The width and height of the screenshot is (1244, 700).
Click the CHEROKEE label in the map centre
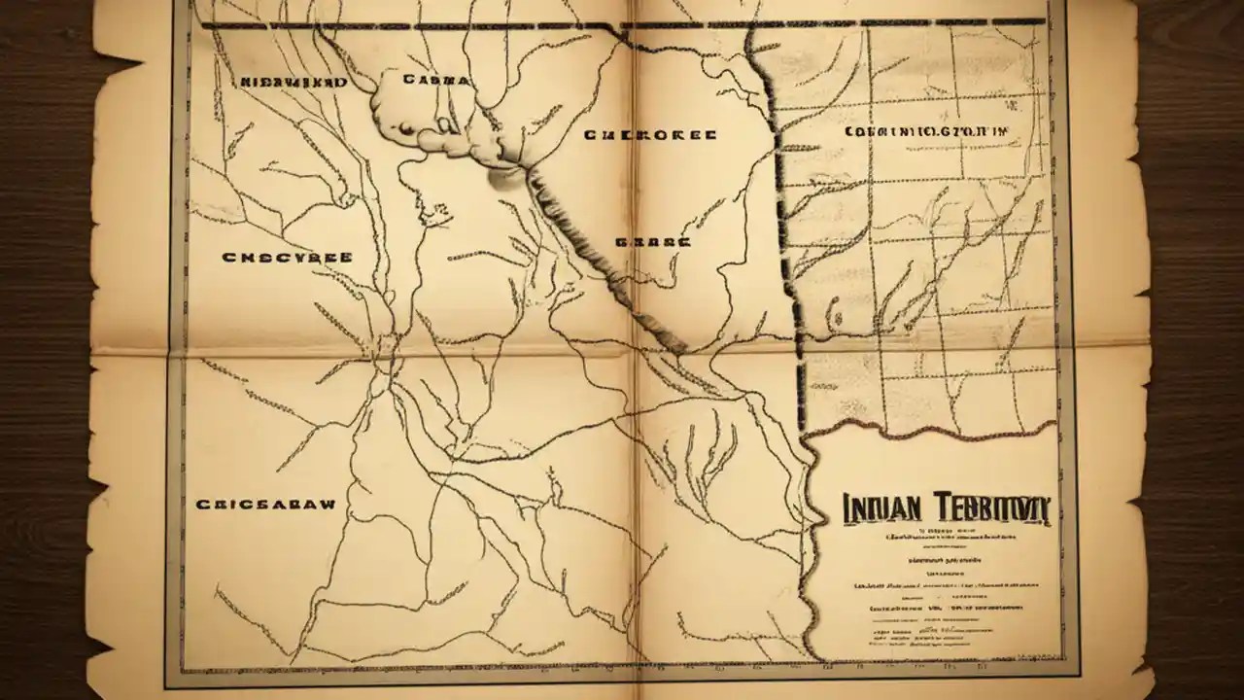(x=650, y=136)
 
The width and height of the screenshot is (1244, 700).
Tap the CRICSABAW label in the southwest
(x=265, y=505)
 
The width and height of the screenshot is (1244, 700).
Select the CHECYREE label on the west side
(x=287, y=259)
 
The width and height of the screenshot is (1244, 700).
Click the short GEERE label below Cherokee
(x=653, y=240)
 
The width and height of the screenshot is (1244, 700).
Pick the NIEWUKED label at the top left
(x=293, y=84)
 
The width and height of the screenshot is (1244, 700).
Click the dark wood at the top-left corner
(x=39, y=29)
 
